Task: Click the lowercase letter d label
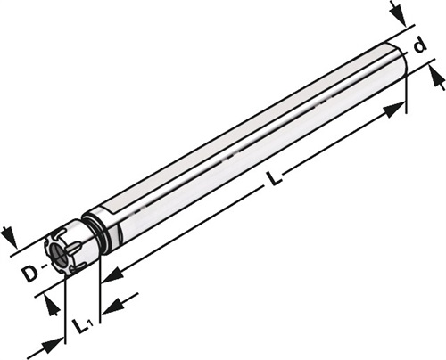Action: pyautogui.click(x=419, y=46)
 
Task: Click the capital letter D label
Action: pyautogui.click(x=31, y=274)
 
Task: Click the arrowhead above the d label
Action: pyautogui.click(x=400, y=15)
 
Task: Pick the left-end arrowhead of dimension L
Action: pyautogui.click(x=112, y=274)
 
